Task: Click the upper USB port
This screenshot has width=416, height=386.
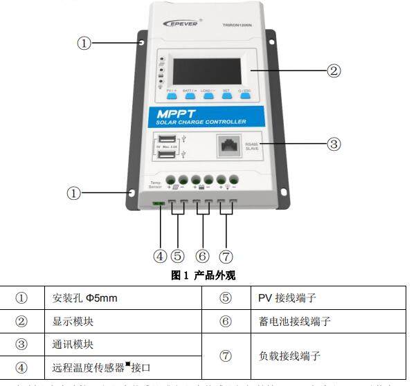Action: (167, 137)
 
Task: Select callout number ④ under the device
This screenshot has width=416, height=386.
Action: (160, 255)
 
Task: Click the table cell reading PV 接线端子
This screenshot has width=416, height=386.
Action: (284, 298)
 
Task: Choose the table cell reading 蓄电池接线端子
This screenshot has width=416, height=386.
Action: (293, 321)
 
